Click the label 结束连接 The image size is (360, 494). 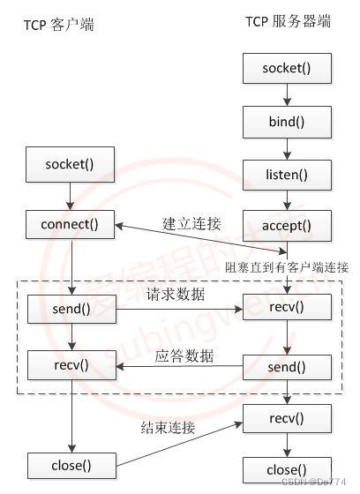(x=168, y=429)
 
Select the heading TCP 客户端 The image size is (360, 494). (x=58, y=25)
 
